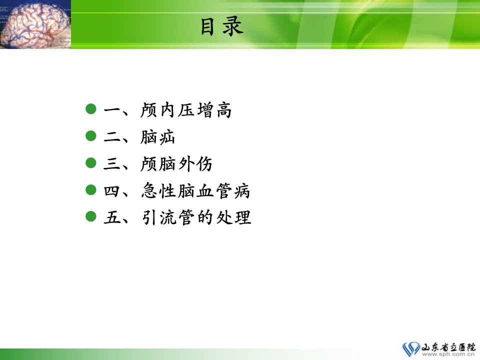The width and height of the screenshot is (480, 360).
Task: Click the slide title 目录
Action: pos(222,26)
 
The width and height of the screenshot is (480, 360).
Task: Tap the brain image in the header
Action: pos(35,24)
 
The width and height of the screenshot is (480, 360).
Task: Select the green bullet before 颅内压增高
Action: pos(91,108)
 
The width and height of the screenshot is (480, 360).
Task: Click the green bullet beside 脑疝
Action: pos(91,135)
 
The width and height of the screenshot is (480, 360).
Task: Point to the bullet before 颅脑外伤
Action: pos(91,162)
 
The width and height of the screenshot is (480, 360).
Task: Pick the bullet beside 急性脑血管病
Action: pos(91,189)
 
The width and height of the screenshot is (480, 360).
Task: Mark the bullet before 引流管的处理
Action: pos(91,216)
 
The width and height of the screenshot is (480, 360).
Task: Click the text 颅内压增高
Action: pos(186,110)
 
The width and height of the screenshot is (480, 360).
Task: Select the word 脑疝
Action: pos(157,137)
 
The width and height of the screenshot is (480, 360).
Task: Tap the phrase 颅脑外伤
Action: pos(176,164)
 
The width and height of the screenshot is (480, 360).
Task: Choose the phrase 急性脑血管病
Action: pos(195,190)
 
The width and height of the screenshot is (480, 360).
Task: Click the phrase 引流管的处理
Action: pos(196,217)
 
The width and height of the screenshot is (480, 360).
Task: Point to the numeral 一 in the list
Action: pos(111,109)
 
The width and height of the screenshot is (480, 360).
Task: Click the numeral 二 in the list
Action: pos(111,137)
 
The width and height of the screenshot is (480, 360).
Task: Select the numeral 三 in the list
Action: pos(111,164)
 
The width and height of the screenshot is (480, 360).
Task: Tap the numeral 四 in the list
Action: pos(111,191)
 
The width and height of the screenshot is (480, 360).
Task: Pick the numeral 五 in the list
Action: pos(111,217)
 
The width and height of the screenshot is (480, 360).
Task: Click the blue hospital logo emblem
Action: pos(411,349)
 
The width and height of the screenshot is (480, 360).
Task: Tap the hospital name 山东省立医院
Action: pos(448,347)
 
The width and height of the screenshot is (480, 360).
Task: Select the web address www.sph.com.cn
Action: pos(448,354)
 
